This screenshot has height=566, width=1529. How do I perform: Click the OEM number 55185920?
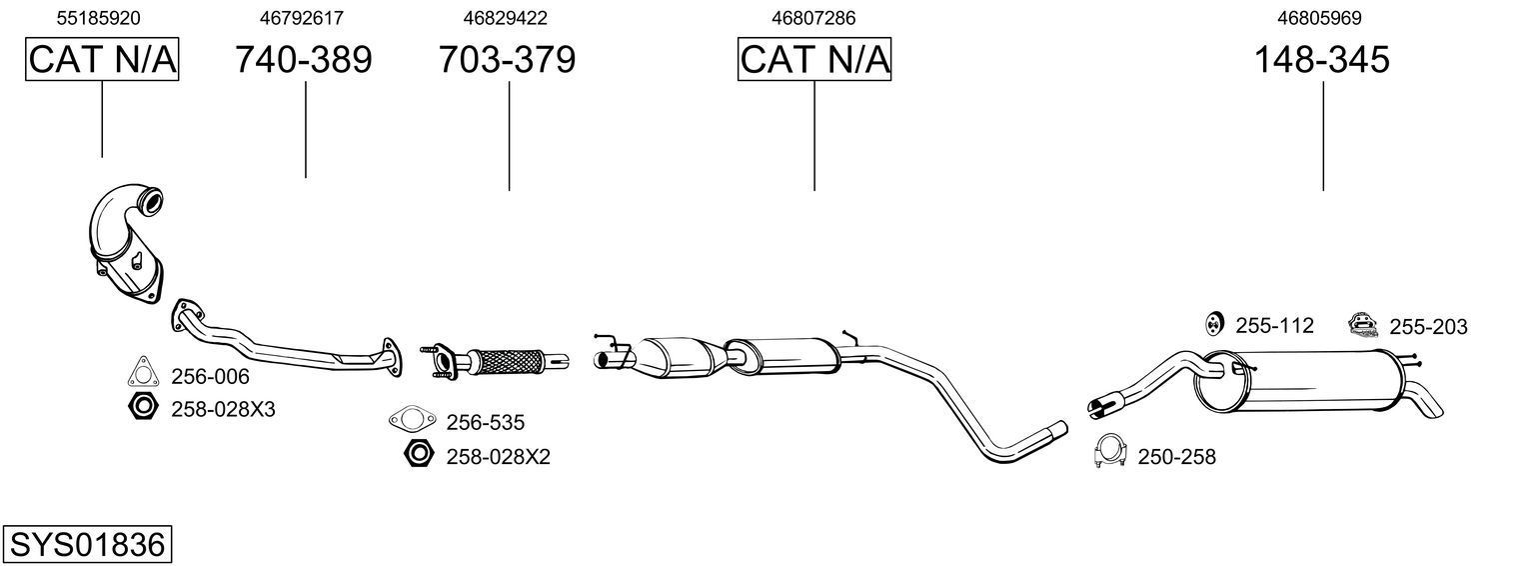(x=98, y=18)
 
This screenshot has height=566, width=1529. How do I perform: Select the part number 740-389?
(x=304, y=60)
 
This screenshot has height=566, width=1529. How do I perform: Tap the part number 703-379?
(x=508, y=60)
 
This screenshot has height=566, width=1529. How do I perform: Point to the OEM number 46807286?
(x=813, y=18)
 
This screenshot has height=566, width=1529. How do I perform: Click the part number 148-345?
(x=1322, y=60)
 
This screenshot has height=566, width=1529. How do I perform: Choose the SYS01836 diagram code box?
(x=87, y=545)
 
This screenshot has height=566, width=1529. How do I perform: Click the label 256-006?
(x=210, y=377)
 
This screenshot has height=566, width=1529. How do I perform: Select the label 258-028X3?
(x=223, y=409)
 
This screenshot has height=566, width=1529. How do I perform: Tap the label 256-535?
(x=485, y=423)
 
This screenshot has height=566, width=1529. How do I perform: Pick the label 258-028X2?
(x=498, y=457)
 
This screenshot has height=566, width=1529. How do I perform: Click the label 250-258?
(x=1176, y=457)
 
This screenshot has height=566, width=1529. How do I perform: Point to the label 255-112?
(x=1274, y=325)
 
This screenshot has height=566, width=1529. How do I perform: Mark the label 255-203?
(x=1428, y=327)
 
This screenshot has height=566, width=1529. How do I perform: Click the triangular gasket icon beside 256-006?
(x=141, y=372)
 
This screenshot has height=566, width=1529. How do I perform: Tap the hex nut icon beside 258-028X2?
(x=418, y=454)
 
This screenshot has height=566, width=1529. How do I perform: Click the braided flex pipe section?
(x=507, y=361)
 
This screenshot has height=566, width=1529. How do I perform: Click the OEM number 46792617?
(x=302, y=18)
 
